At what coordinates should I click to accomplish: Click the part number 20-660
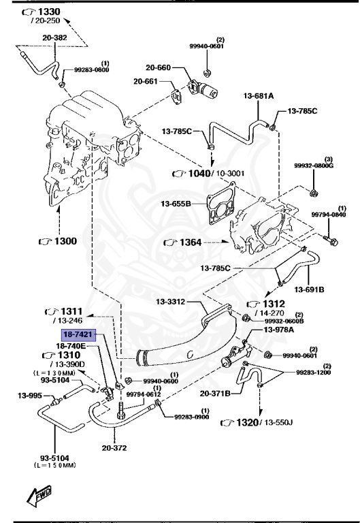click(x=159, y=67)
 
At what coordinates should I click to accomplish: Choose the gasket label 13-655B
click(x=176, y=203)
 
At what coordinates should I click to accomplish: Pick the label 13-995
click(x=30, y=395)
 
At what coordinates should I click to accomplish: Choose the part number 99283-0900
click(x=192, y=417)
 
